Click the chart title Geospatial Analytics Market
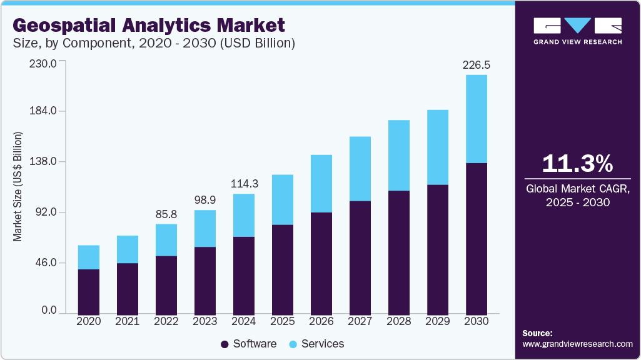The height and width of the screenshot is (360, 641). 149,26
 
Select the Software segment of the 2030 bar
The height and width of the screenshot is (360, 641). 477,238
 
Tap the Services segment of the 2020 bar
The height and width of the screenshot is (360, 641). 89,257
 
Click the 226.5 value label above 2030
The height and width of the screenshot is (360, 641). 476,65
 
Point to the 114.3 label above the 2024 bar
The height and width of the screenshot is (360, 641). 244,184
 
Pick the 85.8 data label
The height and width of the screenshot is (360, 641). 166,214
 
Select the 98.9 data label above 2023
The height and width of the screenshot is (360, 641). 205,200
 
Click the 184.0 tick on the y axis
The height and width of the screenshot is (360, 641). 44,111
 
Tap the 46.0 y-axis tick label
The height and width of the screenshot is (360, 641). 47,262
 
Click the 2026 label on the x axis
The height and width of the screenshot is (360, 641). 321,321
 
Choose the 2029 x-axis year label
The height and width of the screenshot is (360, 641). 438,321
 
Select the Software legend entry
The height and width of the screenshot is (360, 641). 249,344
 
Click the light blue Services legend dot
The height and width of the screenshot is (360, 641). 293,344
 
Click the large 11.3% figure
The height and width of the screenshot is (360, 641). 577,164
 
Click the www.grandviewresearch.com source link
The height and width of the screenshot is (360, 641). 577,344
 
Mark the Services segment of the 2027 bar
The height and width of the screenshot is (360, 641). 360,169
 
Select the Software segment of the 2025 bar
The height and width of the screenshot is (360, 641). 283,269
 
